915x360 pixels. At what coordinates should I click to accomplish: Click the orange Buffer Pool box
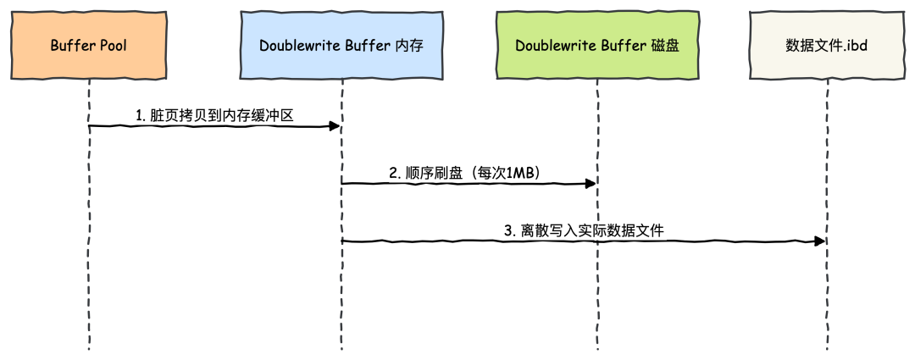89,46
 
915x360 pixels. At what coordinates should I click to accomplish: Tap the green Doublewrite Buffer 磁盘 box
596,46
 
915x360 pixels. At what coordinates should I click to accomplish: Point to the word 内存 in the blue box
410,46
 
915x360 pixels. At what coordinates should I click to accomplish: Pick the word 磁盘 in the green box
663,46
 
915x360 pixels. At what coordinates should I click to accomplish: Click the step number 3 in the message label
508,230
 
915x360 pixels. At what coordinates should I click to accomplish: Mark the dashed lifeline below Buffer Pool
89,254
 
